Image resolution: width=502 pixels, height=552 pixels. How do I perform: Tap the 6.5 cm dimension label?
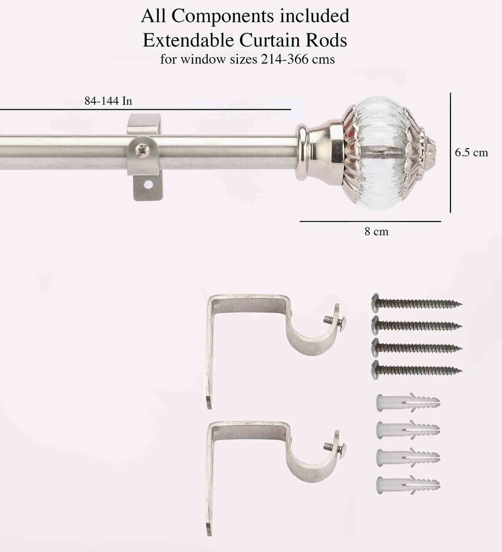coord(471,153)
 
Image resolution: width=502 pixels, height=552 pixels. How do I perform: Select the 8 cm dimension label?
coord(376,232)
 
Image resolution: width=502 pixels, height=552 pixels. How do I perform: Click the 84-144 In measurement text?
coord(108,100)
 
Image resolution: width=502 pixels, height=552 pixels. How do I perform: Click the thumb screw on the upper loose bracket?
coord(337,321)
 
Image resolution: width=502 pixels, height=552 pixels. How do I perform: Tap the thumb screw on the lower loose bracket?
coord(337,447)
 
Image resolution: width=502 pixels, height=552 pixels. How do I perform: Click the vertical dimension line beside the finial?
coord(451,152)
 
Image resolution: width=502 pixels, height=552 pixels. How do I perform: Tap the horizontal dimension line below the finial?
coord(370,221)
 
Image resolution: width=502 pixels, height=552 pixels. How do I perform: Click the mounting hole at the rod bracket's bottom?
coord(149,185)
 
